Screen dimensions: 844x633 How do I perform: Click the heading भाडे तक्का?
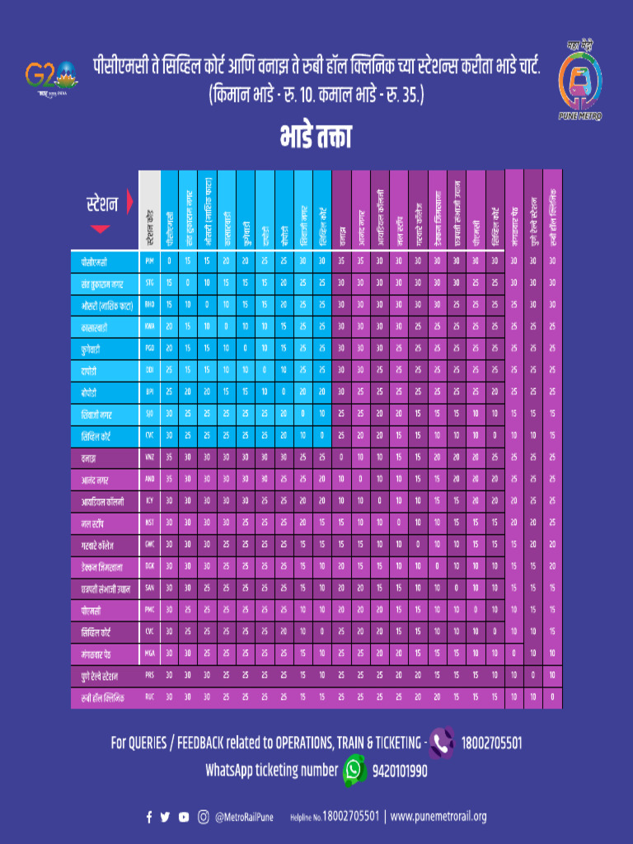pos(316,136)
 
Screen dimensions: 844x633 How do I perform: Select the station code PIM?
pos(149,260)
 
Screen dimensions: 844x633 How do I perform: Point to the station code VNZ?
pos(149,456)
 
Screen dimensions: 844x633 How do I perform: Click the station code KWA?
pos(149,326)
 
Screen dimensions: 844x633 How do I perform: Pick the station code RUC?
pos(149,696)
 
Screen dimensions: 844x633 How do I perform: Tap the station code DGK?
pos(149,565)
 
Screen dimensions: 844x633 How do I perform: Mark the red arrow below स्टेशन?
pos(100,228)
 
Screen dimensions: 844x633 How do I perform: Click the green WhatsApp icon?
pos(354,770)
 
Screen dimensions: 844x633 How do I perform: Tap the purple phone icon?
pos(443,743)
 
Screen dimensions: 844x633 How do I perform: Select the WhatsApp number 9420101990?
pos(400,771)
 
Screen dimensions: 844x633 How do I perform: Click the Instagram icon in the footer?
pos(203,817)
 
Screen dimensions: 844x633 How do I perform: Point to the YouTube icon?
pos(184,817)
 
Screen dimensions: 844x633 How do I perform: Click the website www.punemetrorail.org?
pos(438,817)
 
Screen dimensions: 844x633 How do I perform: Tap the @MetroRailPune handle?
pos(245,817)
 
